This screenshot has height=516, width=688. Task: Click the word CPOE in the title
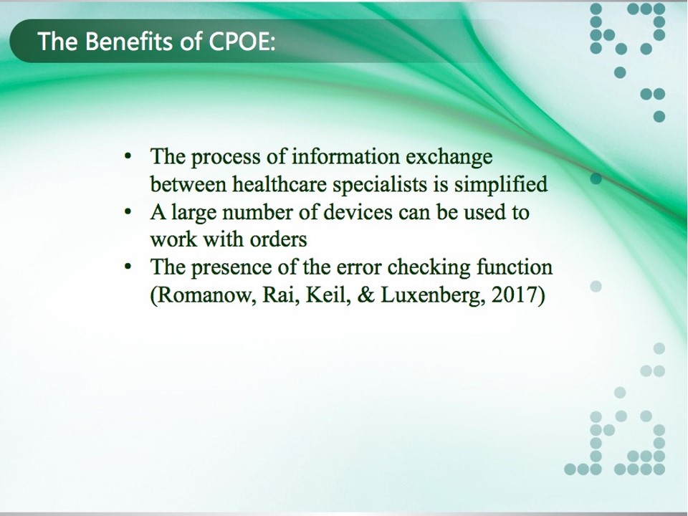point(240,42)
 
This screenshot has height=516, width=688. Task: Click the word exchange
point(449,157)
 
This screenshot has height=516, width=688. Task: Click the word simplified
point(501,185)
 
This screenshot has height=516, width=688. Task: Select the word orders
point(278,239)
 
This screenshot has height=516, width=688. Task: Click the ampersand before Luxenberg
point(366,295)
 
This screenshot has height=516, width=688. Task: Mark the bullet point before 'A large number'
point(128,212)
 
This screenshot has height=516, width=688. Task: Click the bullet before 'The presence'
point(128,267)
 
